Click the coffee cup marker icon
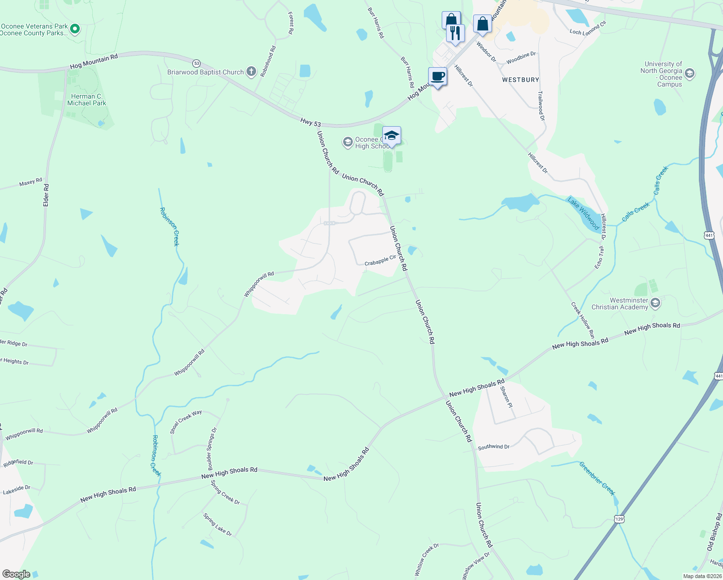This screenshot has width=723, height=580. pyautogui.click(x=437, y=77)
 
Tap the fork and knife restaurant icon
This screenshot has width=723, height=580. pyautogui.click(x=455, y=33)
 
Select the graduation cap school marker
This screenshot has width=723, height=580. pyautogui.click(x=391, y=135)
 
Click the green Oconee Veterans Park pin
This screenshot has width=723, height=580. pyautogui.click(x=75, y=29)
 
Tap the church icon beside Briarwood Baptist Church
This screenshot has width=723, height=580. pyautogui.click(x=251, y=72)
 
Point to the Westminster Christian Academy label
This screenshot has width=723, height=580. pyautogui.click(x=620, y=304)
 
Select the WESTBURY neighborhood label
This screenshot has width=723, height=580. pyautogui.click(x=521, y=80)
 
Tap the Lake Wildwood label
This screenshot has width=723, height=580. pyautogui.click(x=583, y=214)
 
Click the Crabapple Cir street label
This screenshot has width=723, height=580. pyautogui.click(x=380, y=261)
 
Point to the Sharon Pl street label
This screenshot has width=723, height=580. pyautogui.click(x=506, y=397)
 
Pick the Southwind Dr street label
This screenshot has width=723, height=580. pyautogui.click(x=493, y=447)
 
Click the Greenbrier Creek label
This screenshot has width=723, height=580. pyautogui.click(x=597, y=478)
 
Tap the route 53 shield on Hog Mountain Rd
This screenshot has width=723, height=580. pyautogui.click(x=196, y=63)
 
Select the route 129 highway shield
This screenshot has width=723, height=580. pyautogui.click(x=619, y=519)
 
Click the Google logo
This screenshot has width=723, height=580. pyautogui.click(x=16, y=574)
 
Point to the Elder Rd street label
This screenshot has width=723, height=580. pyautogui.click(x=46, y=195)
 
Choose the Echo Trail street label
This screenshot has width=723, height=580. pyautogui.click(x=599, y=257)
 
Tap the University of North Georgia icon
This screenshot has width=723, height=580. pyautogui.click(x=690, y=73)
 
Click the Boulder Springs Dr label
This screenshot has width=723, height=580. pyautogui.click(x=212, y=449)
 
